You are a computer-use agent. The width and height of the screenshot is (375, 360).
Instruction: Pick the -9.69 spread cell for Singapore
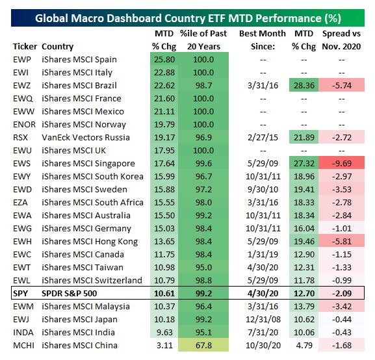341,163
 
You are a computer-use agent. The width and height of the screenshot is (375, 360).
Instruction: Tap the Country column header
57,46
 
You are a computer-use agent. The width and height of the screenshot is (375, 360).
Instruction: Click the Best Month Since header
259,39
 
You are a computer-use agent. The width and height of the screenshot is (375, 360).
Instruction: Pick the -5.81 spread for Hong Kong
341,241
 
